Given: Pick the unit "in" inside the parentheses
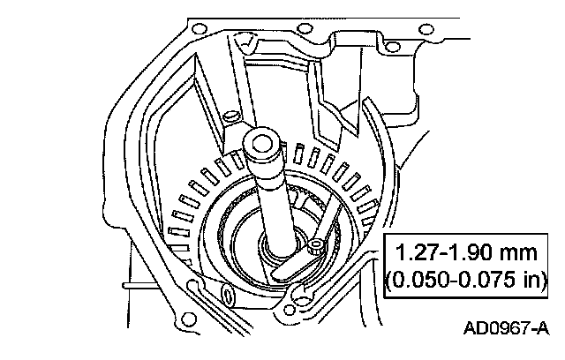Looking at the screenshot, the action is tap(531, 280).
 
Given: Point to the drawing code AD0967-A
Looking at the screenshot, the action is tap(506, 328).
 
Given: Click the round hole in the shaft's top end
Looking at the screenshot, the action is tap(261, 144).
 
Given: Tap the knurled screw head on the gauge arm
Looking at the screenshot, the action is tap(316, 247).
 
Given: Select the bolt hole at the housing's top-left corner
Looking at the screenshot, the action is tap(199, 29).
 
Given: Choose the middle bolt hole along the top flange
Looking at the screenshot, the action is tap(305, 29).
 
